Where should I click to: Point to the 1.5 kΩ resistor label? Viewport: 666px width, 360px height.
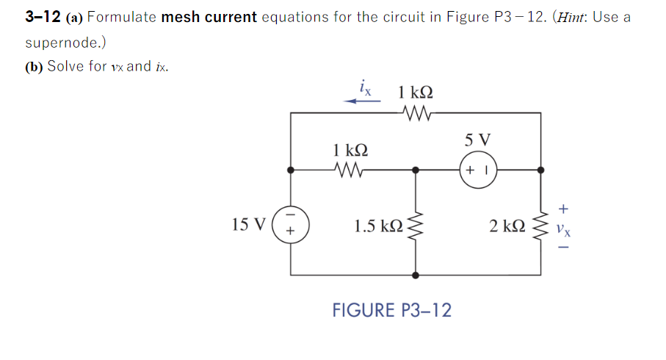click(x=378, y=225)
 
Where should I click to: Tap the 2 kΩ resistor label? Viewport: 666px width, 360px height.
click(x=507, y=225)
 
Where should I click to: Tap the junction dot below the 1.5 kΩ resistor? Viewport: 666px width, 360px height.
click(x=416, y=276)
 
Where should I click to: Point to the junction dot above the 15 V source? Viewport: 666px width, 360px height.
click(x=292, y=170)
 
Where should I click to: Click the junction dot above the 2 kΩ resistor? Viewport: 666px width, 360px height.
click(x=542, y=170)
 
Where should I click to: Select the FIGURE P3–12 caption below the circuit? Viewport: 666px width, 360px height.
click(x=391, y=310)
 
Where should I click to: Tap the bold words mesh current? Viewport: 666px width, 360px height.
click(x=209, y=17)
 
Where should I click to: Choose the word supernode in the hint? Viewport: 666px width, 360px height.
click(x=59, y=42)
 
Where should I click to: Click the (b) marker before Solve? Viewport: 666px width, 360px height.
click(x=34, y=66)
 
